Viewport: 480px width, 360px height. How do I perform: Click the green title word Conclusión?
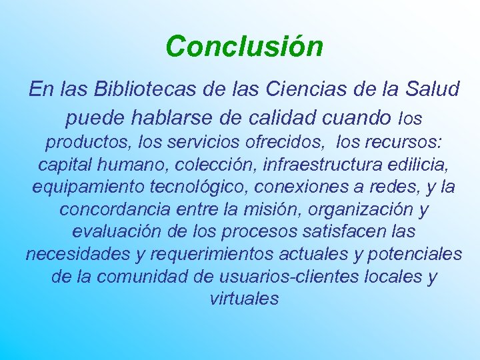point(245,47)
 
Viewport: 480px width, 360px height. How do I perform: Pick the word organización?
point(355,209)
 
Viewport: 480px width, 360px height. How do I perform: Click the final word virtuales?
point(244,299)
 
